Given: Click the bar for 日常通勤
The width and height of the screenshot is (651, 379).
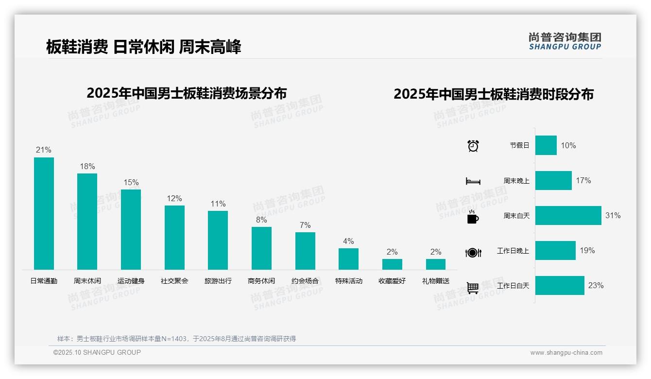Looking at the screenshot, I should click(x=44, y=213).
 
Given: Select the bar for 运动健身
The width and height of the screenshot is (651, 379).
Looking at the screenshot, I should click(x=131, y=229).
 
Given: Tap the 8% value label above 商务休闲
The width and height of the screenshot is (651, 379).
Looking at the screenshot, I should click(x=261, y=220).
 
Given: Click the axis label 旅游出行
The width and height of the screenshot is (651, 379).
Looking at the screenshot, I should click(x=218, y=281).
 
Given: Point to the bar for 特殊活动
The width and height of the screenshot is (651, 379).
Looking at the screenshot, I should click(x=348, y=259).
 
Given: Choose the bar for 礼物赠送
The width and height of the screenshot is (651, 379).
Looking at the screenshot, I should click(x=436, y=264).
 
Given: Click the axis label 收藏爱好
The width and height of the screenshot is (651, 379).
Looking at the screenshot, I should click(x=392, y=281).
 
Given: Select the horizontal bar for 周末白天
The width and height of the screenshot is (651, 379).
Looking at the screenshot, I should click(x=568, y=215).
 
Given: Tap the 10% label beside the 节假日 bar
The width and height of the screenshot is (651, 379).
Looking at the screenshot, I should click(x=568, y=145).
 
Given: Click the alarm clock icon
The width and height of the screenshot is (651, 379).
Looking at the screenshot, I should click(x=473, y=146).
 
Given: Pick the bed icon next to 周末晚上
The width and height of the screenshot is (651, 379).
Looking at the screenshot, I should click(x=473, y=181).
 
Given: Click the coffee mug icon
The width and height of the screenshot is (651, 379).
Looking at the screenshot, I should click(x=473, y=217).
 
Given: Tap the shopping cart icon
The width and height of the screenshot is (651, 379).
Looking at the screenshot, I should click(x=473, y=288).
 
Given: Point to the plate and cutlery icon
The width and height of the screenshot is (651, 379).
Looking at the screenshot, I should click(x=473, y=252).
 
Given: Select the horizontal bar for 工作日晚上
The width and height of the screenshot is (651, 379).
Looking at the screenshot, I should click(x=555, y=251).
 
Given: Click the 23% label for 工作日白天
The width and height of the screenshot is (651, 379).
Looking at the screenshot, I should click(x=596, y=286).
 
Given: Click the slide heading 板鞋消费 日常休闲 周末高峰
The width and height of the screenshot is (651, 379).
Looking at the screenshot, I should click(x=144, y=47).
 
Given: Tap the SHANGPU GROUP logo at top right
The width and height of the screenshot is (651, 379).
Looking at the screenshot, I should click(x=565, y=41).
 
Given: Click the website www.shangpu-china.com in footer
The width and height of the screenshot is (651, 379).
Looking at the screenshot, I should click(x=566, y=353).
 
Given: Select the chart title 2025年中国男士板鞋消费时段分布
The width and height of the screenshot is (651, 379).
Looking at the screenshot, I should click(x=493, y=94).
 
